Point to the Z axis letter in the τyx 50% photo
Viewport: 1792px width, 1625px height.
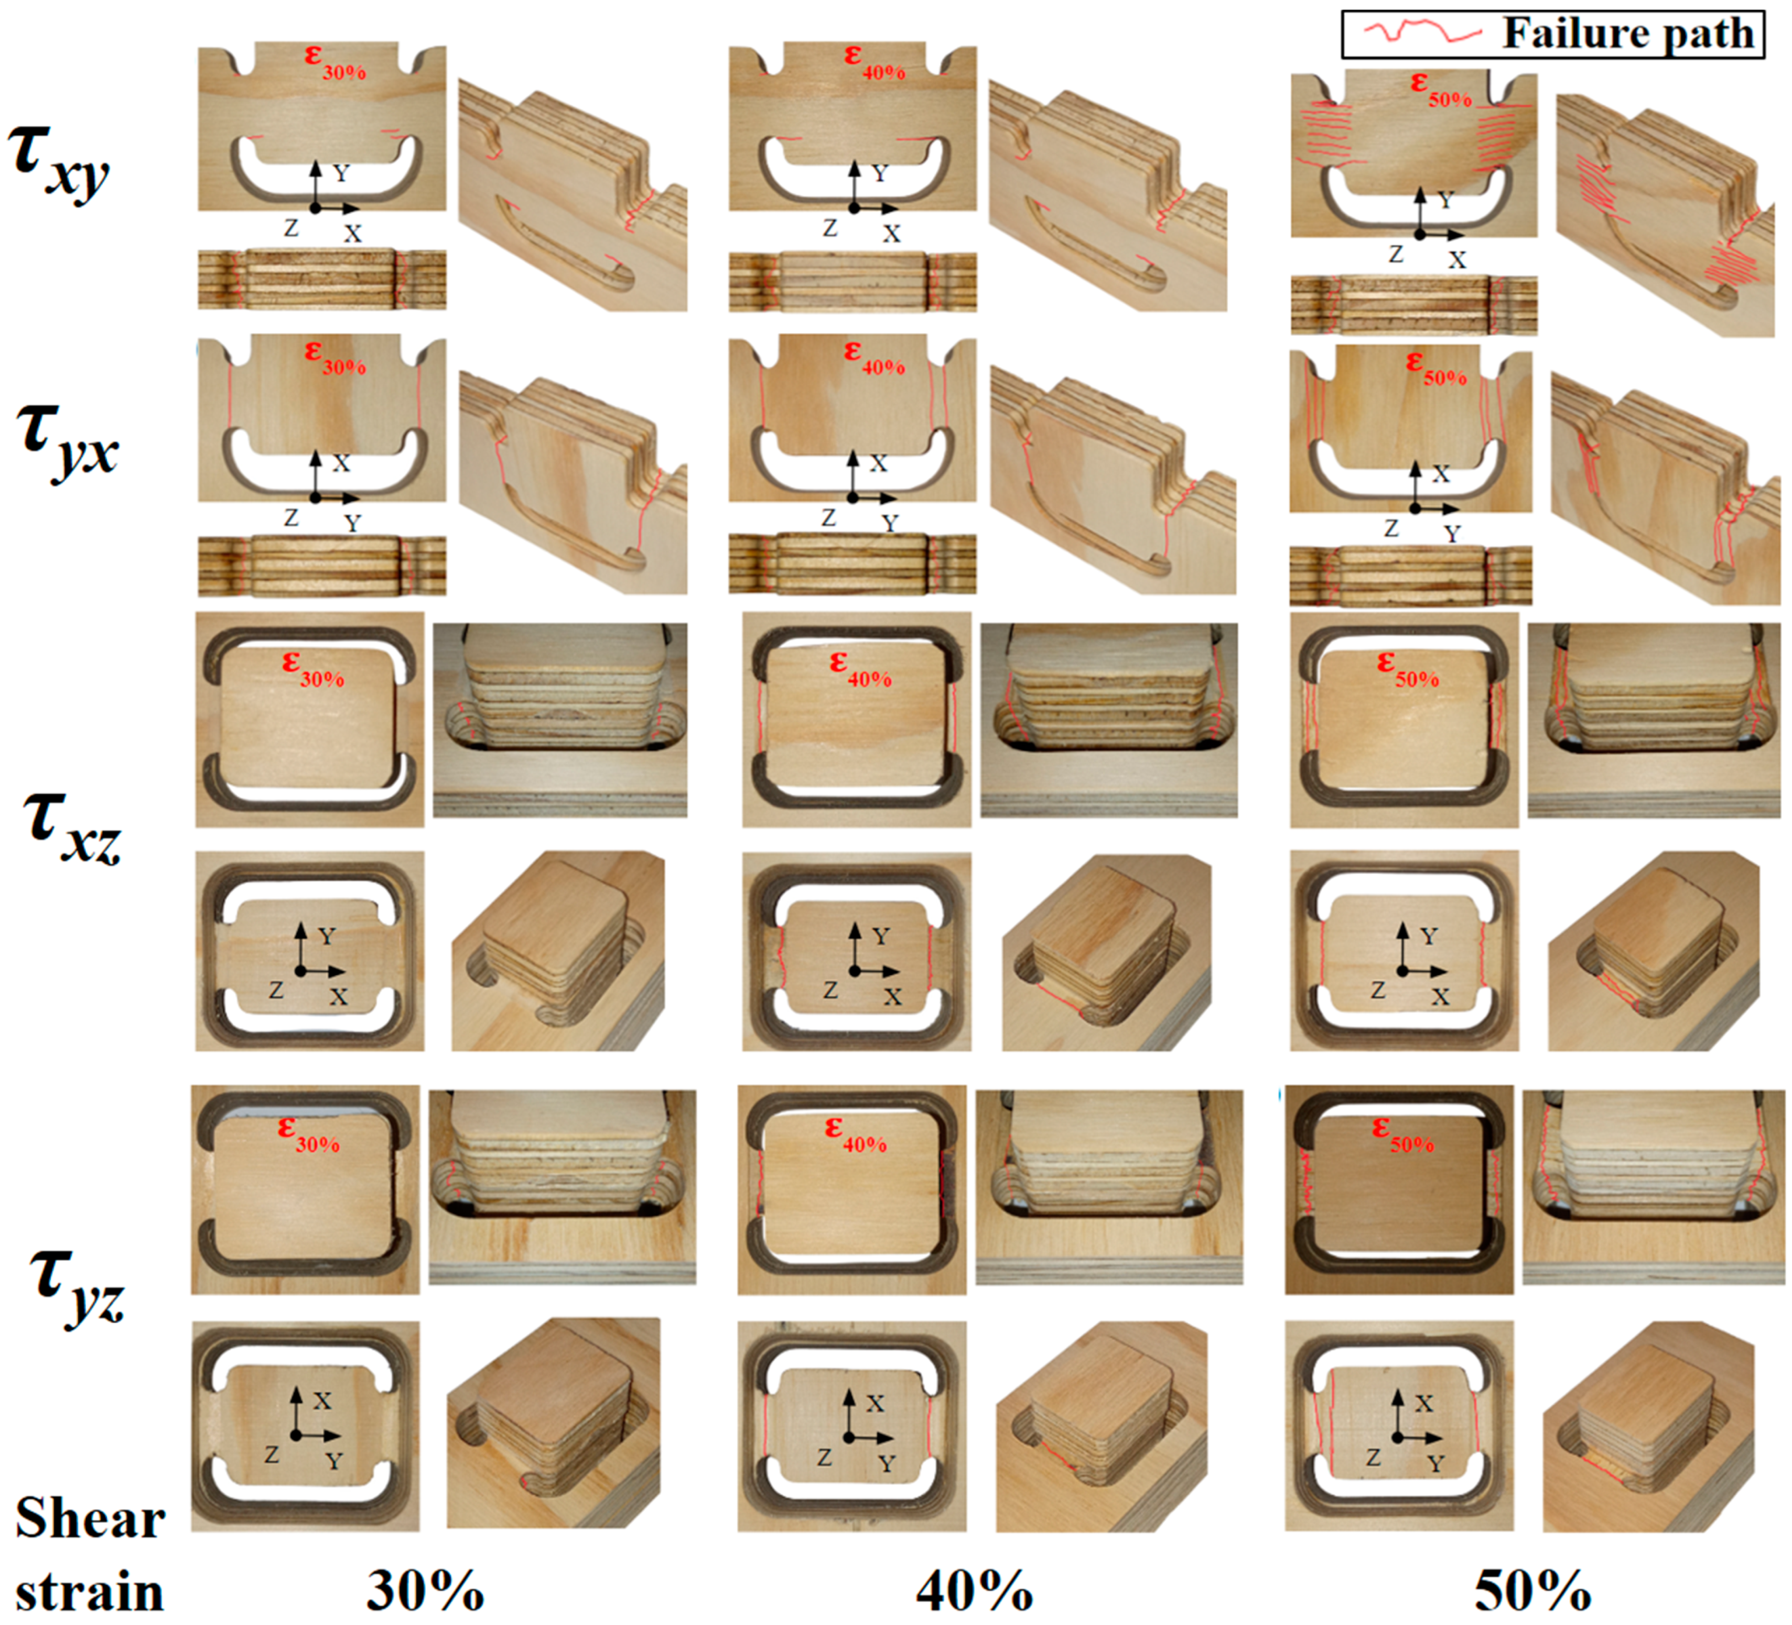pyautogui.click(x=1391, y=528)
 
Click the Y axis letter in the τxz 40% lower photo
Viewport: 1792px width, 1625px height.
pyautogui.click(x=880, y=936)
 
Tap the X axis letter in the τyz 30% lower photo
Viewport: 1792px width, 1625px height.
pyautogui.click(x=322, y=1401)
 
